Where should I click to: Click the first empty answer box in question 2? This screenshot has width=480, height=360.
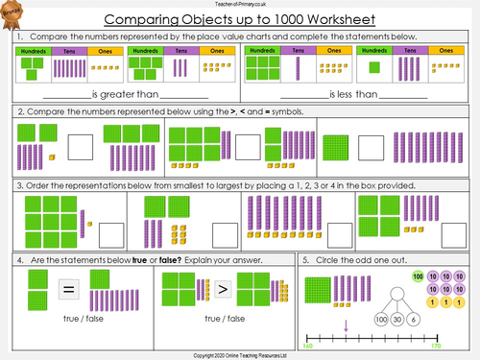pos(81,146)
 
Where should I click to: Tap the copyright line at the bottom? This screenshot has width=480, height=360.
pos(240,354)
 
